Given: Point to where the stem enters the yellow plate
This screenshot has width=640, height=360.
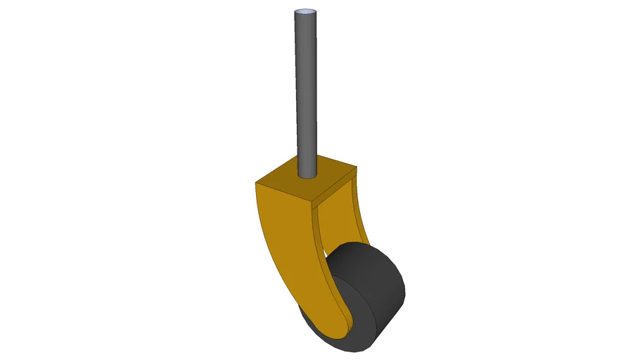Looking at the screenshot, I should (x=307, y=176).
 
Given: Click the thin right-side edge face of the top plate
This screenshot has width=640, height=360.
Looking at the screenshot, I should (x=333, y=188).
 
